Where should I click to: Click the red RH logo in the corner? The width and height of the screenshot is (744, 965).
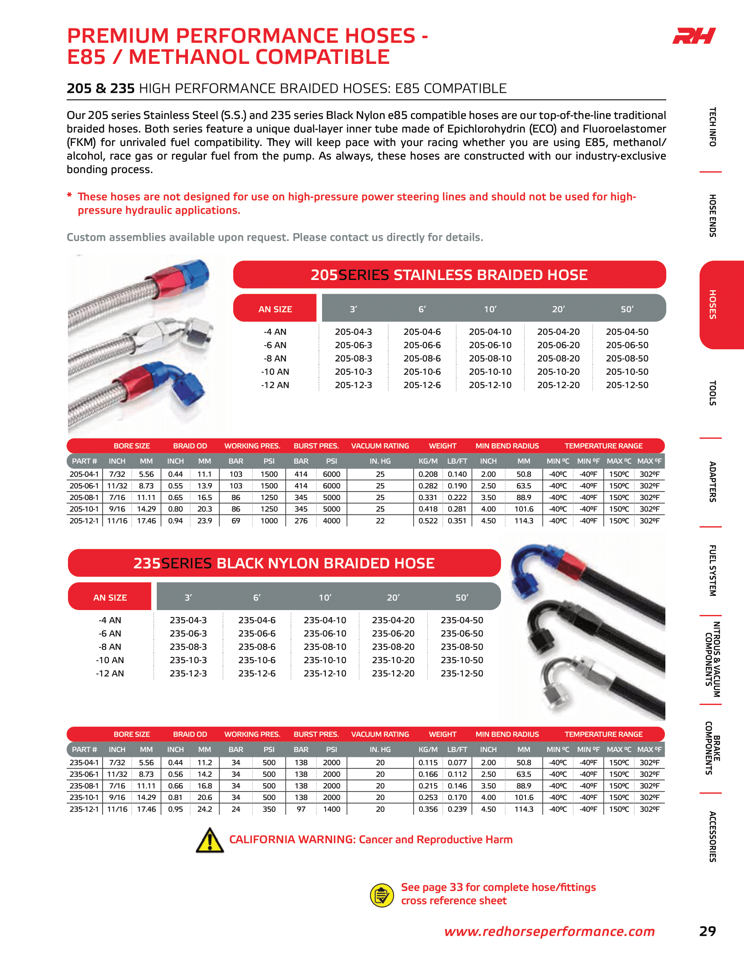point(694,36)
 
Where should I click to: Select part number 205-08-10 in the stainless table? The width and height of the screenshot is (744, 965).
point(490,358)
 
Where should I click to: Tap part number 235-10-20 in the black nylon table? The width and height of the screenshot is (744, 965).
point(393,660)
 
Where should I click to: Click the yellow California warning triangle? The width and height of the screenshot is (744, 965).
point(210,840)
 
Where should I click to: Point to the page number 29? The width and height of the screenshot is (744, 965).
point(707,931)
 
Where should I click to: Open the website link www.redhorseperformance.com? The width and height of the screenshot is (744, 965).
point(549,931)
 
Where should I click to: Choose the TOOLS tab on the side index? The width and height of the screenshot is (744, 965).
point(712,393)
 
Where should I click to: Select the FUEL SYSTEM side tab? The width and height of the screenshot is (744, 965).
point(712,571)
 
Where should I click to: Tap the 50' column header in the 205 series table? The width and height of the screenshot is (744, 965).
point(627,309)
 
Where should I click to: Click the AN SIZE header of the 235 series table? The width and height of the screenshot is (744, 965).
point(110,598)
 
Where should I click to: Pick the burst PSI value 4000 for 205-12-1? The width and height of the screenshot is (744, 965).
point(331,521)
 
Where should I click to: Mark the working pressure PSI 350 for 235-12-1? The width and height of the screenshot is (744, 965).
point(269,809)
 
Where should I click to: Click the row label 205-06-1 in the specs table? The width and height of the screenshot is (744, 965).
point(84,486)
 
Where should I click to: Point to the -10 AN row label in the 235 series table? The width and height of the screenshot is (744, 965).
point(110,660)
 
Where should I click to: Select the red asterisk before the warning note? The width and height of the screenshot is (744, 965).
point(69,195)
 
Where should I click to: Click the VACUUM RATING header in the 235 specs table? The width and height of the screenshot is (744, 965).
point(380,734)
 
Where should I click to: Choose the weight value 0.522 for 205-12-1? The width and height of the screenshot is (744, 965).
point(428,521)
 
